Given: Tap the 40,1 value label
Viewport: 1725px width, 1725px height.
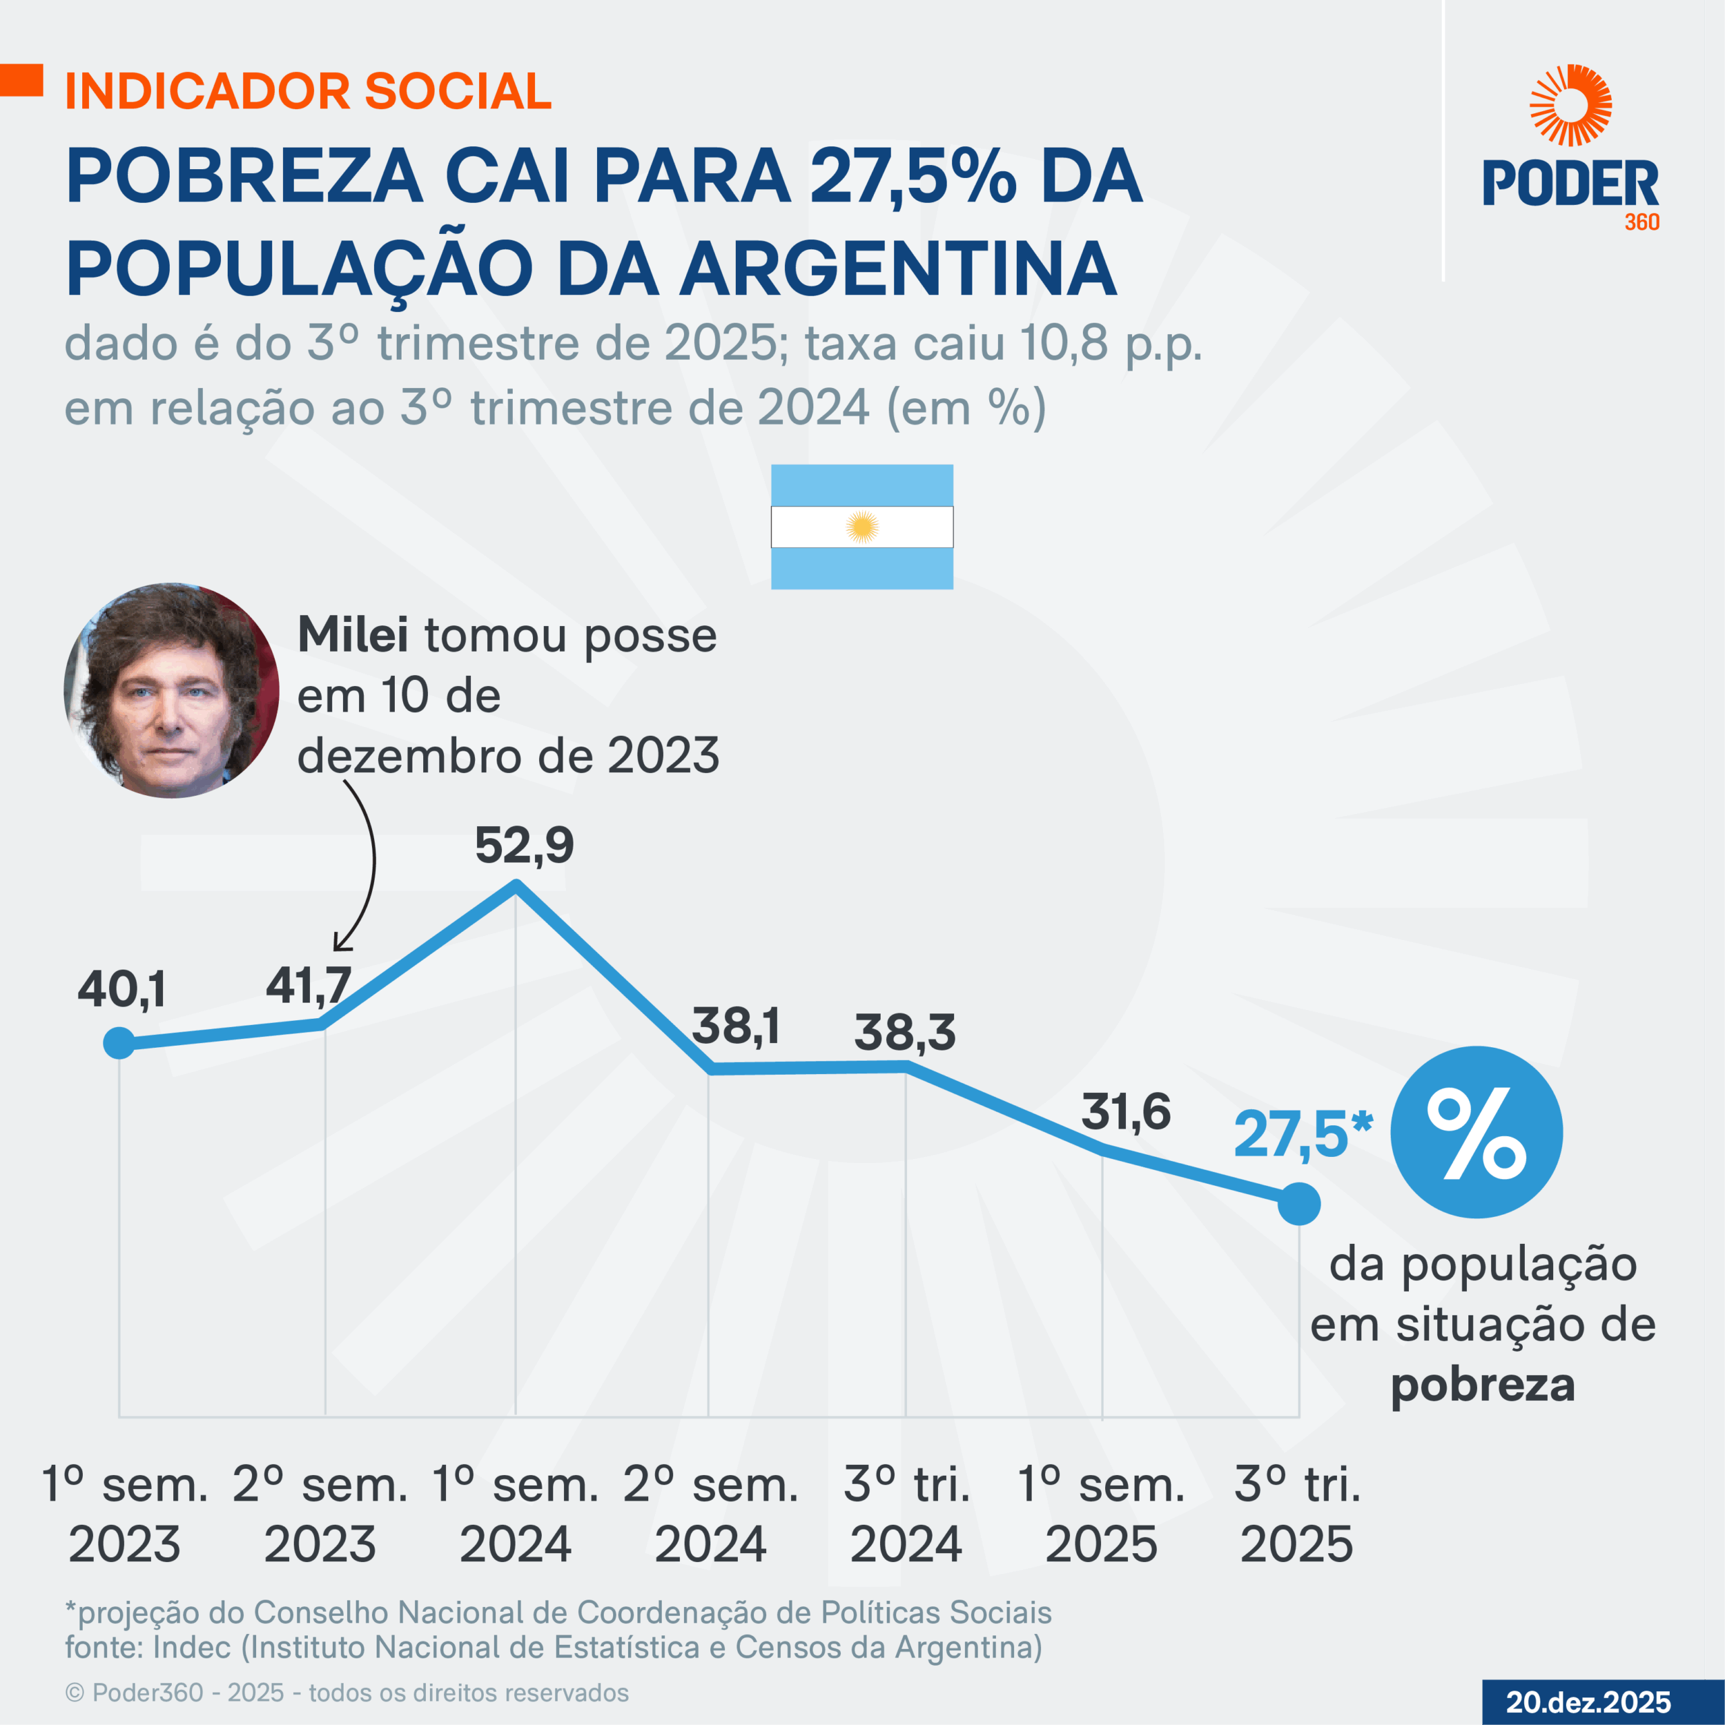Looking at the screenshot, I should tap(121, 989).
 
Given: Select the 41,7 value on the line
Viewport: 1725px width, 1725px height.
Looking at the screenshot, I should tap(308, 986).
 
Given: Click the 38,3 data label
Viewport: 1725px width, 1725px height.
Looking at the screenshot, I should tap(904, 1032).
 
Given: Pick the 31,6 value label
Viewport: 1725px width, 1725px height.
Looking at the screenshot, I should tap(1125, 1112).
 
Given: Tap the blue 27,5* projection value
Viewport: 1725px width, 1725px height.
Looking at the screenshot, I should tap(1302, 1135).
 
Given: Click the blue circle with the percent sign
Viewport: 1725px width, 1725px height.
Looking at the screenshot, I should tap(1477, 1132).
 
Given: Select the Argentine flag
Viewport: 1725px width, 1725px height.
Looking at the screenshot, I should tap(862, 527).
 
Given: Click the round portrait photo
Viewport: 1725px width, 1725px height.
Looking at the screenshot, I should tap(171, 690).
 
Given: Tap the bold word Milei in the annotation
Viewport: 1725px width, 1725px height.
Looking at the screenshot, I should tap(352, 635).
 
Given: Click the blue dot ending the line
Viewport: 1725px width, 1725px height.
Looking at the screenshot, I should tap(1299, 1204).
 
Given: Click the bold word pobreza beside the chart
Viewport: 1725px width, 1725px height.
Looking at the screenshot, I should tap(1482, 1385).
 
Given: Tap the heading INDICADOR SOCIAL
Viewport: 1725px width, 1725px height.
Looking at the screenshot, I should tap(309, 91).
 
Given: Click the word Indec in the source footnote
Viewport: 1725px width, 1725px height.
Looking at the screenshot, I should tap(192, 1648).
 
